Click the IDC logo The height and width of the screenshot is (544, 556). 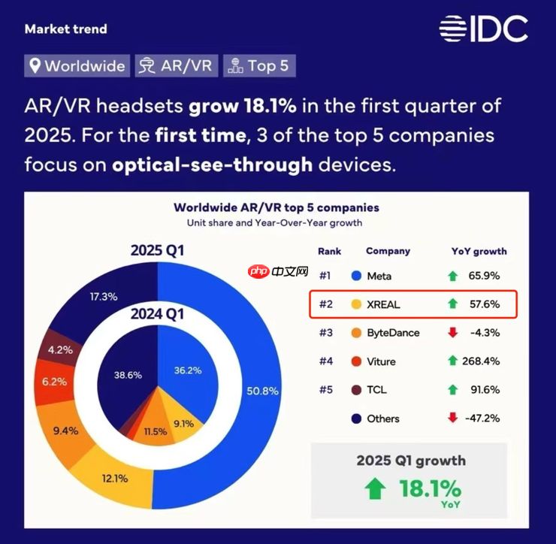[x=483, y=29]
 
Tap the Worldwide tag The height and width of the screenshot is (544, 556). [x=77, y=65]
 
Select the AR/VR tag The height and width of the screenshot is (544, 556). [x=178, y=65]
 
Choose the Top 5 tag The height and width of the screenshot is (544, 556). [x=258, y=65]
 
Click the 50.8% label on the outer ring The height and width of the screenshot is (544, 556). [x=262, y=391]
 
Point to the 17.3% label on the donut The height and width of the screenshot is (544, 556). [x=103, y=297]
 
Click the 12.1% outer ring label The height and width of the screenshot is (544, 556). [x=114, y=478]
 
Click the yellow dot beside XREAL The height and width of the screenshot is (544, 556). [x=355, y=304]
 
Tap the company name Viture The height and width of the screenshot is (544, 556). [x=381, y=361]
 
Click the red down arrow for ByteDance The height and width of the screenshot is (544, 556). [x=452, y=333]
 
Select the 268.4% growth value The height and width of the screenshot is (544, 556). [x=482, y=361]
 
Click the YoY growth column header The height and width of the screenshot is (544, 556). [x=479, y=251]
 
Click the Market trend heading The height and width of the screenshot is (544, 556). [x=66, y=29]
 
